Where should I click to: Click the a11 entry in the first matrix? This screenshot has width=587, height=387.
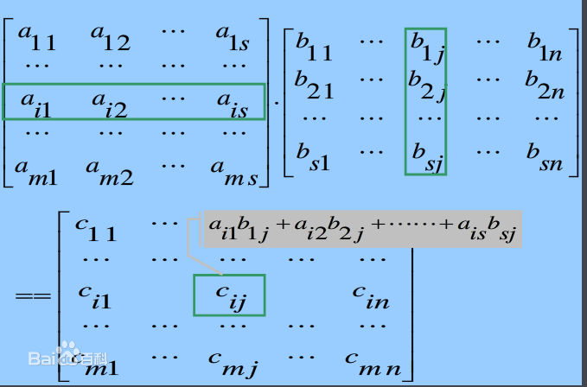pos(36,38)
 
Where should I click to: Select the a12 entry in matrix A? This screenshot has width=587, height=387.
pos(111,38)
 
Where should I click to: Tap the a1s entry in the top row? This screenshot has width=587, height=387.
pos(232,38)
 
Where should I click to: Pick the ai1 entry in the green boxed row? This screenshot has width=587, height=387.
pos(36,105)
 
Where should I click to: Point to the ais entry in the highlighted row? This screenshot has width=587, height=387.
pos(233,105)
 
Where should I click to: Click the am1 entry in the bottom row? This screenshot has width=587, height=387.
pos(36,173)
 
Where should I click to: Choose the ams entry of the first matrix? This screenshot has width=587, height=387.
pos(234,173)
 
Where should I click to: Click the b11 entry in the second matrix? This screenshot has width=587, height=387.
pos(314,48)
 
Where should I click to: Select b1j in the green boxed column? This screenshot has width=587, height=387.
pos(428,48)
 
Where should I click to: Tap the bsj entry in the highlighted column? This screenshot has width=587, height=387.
pos(428,158)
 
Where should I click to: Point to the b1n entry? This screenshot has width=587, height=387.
pos(545,48)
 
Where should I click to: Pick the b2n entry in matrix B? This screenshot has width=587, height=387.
pos(545,86)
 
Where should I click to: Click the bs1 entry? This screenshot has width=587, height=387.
pos(313,157)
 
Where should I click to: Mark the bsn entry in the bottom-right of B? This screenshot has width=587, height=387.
pos(545,157)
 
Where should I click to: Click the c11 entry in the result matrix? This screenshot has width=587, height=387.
pos(96,229)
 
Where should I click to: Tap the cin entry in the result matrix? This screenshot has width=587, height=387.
pos(371,297)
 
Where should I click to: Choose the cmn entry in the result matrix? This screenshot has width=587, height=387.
pos(373,364)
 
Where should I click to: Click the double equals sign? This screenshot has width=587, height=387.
pos(33,296)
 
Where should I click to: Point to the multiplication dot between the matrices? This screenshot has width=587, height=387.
pos(277,101)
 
